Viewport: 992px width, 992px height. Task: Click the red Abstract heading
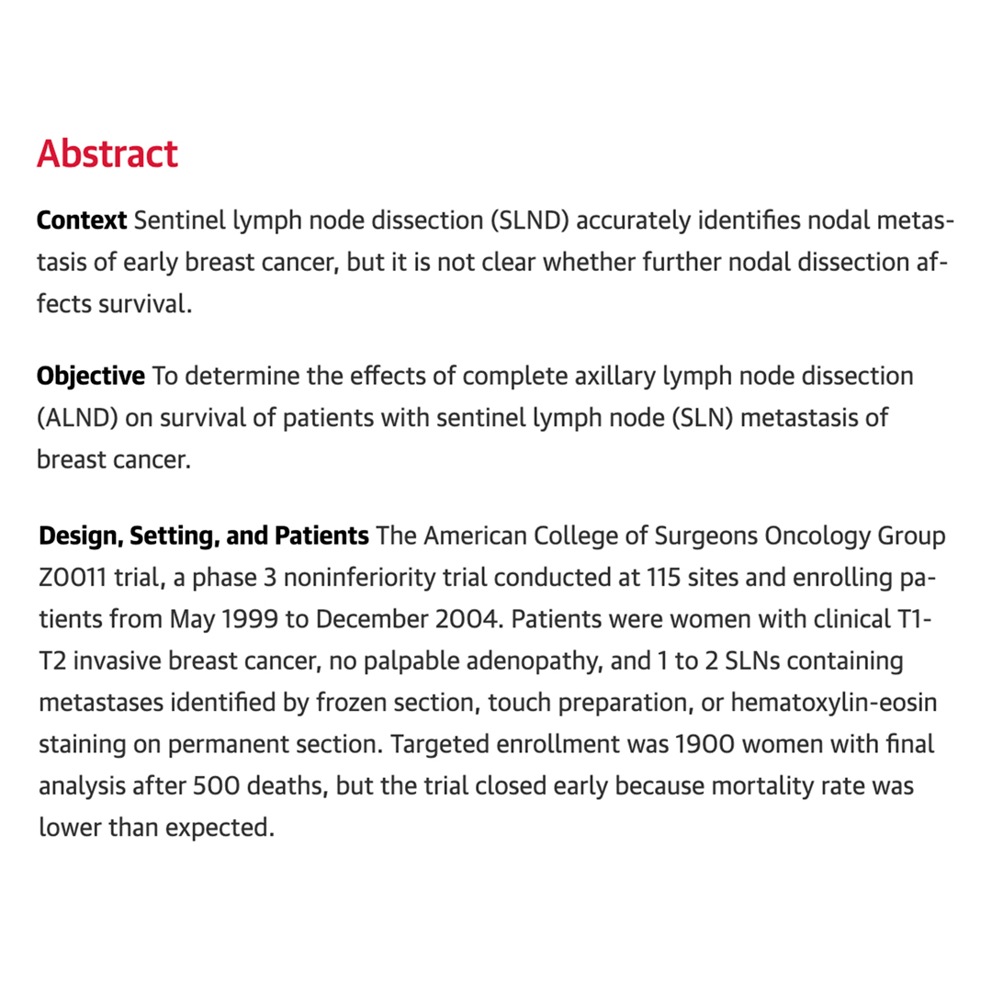(107, 153)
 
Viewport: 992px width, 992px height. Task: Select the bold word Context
(82, 221)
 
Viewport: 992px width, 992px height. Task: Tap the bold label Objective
(90, 377)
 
